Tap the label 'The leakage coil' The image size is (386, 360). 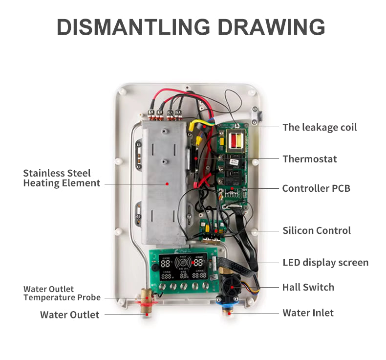click(x=320, y=128)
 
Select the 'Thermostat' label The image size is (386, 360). click(x=310, y=159)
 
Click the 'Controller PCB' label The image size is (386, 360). click(x=316, y=188)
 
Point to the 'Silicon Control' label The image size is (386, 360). click(x=317, y=230)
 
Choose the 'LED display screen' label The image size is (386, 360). click(x=325, y=263)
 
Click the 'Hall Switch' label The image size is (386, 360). click(x=308, y=287)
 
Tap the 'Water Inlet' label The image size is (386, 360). click(x=308, y=313)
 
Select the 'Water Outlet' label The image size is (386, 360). click(x=69, y=315)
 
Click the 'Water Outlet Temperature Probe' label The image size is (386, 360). click(x=62, y=293)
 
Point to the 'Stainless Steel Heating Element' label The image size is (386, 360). click(x=62, y=178)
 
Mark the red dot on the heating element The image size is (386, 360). click(x=167, y=184)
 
